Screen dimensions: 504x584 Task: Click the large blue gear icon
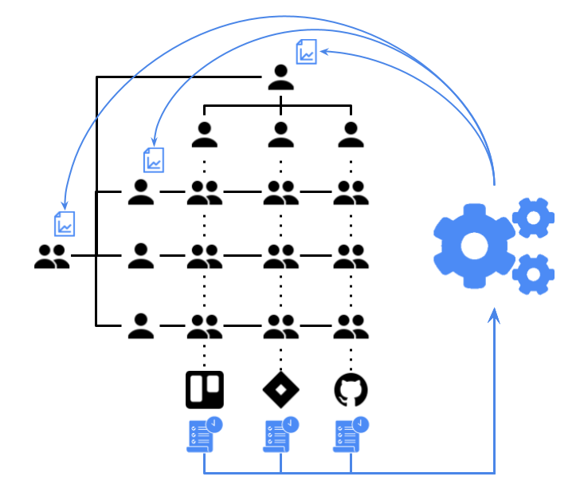pos(474,246)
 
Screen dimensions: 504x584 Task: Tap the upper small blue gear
pos(532,217)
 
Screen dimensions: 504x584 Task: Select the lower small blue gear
pos(532,274)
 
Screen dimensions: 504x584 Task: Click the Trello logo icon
pos(205,390)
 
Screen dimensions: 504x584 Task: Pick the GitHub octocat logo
pos(351,390)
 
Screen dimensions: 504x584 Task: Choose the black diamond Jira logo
pos(280,390)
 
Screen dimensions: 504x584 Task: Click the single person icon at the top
pos(280,77)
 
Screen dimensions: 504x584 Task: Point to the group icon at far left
pos(52,256)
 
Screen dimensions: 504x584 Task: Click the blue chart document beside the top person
pos(306,52)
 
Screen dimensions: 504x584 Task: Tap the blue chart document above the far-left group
pos(65,224)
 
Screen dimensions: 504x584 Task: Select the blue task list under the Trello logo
pos(204,435)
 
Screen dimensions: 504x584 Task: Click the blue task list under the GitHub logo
pos(351,435)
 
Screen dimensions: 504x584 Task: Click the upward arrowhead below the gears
pos(495,317)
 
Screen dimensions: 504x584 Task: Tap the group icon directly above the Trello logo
pos(205,325)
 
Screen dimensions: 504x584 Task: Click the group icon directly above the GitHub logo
pos(351,325)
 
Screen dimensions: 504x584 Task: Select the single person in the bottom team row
pos(141,325)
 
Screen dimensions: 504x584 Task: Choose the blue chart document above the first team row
pos(154,159)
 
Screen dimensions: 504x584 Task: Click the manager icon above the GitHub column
pos(351,135)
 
